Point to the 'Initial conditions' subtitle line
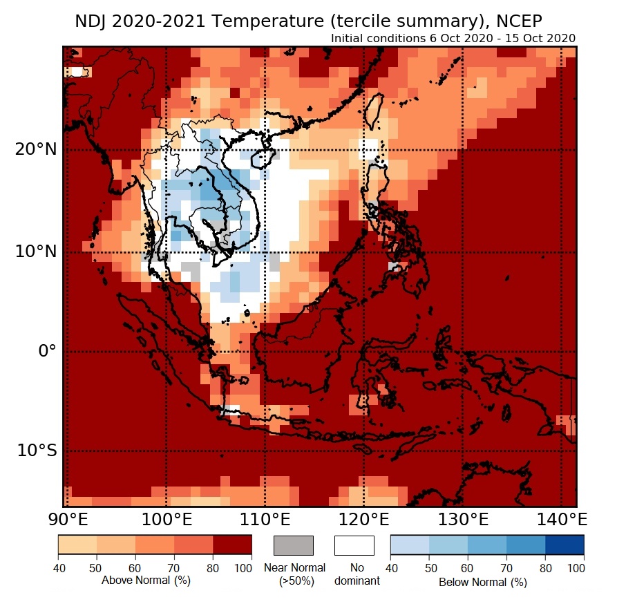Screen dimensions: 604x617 pyautogui.click(x=453, y=38)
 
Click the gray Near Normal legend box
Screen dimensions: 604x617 pyautogui.click(x=294, y=545)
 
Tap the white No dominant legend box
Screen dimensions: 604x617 pyautogui.click(x=354, y=545)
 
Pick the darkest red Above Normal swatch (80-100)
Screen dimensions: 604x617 pyautogui.click(x=232, y=545)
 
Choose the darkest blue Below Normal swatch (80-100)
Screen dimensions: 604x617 pyautogui.click(x=564, y=545)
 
